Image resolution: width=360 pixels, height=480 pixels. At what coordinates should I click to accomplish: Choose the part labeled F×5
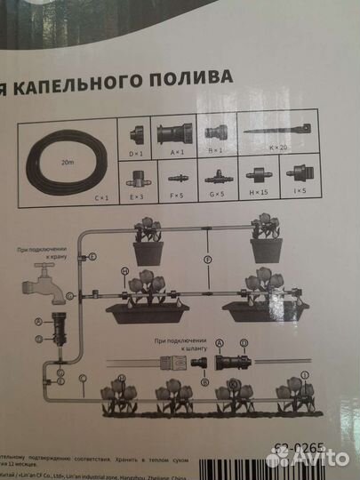pos(175,175)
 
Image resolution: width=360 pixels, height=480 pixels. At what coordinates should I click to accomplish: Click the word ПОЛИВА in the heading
pos(190,77)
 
